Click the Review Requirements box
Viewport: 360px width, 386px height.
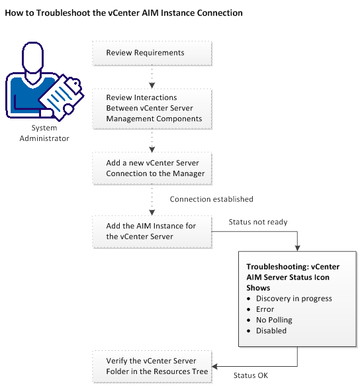tap(152, 53)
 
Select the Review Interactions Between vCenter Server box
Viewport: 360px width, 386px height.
tap(152, 108)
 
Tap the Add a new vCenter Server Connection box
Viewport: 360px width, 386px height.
tap(152, 168)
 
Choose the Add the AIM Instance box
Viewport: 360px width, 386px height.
tap(152, 231)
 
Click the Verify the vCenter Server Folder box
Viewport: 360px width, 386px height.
tap(152, 366)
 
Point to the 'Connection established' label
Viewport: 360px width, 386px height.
tap(211, 199)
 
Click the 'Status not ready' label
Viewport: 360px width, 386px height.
tap(257, 222)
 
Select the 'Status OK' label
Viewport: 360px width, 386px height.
tap(250, 375)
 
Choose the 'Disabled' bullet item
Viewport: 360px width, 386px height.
tap(272, 330)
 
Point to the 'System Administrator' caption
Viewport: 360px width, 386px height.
tap(44, 133)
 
